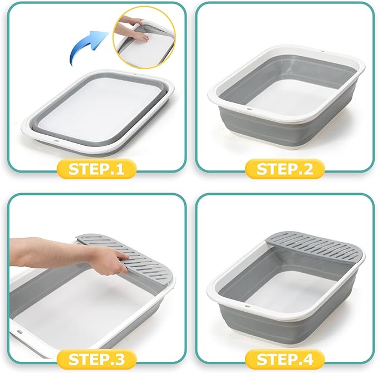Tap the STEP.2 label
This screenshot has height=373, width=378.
tap(285, 169)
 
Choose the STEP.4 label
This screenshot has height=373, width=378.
tap(285, 358)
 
